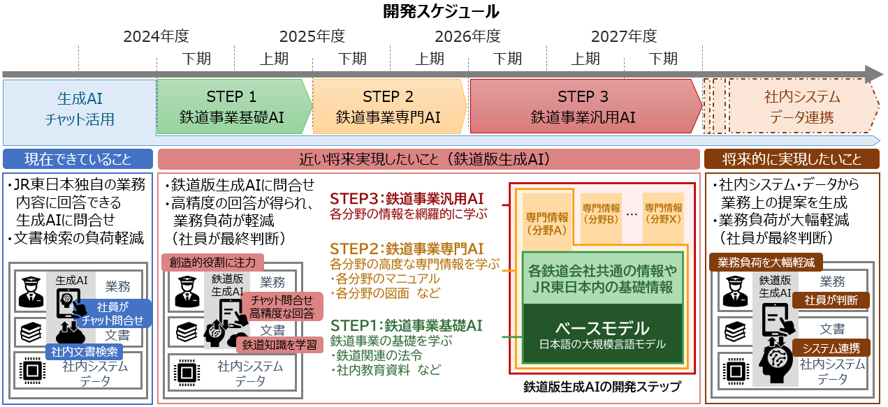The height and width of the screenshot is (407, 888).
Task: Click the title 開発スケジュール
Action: tap(442, 12)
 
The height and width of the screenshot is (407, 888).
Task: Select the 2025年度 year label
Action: tap(312, 36)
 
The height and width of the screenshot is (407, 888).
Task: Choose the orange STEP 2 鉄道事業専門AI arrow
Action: tap(388, 107)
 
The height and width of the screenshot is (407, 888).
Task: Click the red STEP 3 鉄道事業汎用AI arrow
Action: tap(583, 107)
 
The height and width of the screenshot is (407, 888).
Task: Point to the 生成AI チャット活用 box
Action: tap(80, 108)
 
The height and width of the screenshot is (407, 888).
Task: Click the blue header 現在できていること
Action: tap(78, 158)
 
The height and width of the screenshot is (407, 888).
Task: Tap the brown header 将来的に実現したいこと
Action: tap(792, 158)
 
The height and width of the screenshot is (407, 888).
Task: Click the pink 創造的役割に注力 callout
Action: tap(213, 262)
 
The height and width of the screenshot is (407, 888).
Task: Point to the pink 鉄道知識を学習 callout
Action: tap(279, 344)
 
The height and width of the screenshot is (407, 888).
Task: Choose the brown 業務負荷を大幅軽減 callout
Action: tap(766, 262)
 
